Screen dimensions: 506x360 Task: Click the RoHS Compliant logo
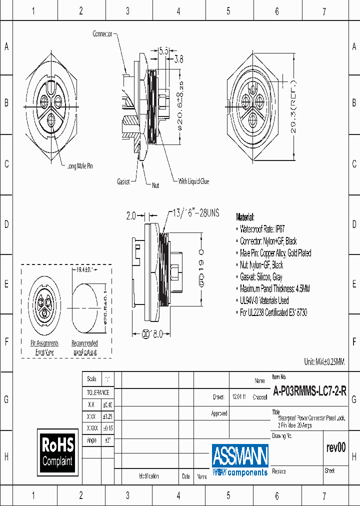(x=58, y=452)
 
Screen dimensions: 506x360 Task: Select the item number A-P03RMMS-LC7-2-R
(x=309, y=392)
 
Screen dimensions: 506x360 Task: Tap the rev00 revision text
(x=335, y=448)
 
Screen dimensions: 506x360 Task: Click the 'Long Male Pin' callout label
(x=80, y=166)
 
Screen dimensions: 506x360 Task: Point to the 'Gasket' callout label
(x=123, y=182)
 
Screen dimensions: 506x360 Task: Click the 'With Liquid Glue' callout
(x=193, y=182)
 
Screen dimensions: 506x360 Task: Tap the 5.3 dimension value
(x=163, y=50)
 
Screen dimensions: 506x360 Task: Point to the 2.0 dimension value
(x=131, y=216)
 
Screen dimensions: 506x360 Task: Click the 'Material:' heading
(x=245, y=217)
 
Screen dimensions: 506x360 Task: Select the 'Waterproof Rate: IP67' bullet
(x=262, y=229)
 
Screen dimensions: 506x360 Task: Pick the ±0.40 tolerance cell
(x=107, y=405)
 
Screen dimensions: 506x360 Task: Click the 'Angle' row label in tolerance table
(x=91, y=440)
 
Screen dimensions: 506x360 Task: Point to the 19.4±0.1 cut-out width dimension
(x=84, y=269)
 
